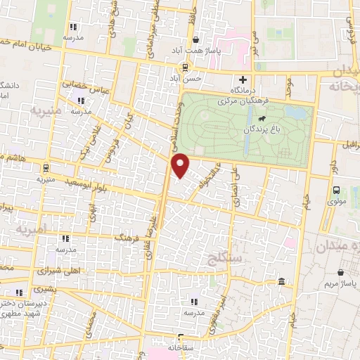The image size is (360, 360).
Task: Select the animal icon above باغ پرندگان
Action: click(x=262, y=118)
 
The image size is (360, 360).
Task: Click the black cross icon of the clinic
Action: click(x=243, y=80)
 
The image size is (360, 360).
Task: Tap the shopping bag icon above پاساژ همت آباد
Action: click(x=195, y=40)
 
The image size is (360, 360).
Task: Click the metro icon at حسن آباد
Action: click(x=185, y=67)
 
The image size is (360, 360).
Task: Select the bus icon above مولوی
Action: click(x=336, y=189)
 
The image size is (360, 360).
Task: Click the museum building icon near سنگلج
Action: click(x=281, y=283)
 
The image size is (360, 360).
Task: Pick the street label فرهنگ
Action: click(x=129, y=234)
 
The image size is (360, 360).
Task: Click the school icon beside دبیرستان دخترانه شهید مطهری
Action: click(x=18, y=292)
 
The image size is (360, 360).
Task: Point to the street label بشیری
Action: click(x=44, y=289)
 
